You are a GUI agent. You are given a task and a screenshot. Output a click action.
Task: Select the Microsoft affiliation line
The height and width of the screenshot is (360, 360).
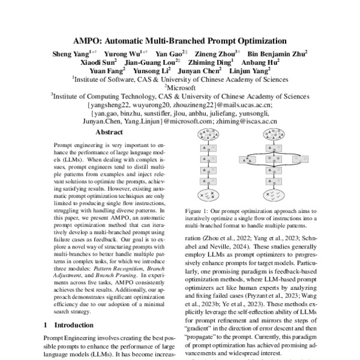180,86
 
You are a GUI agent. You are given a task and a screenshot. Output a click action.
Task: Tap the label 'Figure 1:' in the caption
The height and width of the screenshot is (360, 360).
202,212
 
